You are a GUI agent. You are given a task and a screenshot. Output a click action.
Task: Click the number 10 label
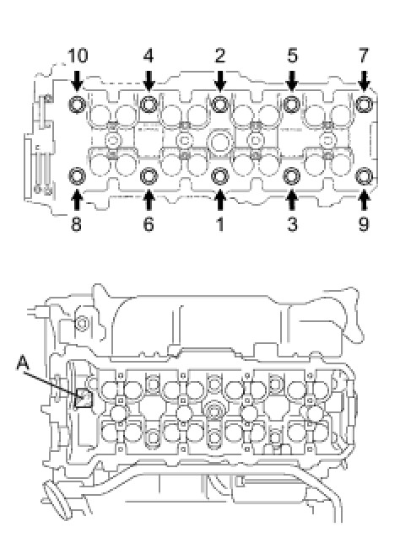78,56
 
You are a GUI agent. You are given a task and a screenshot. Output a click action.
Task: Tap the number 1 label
219,224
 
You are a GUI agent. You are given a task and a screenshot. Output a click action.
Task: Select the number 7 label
363,56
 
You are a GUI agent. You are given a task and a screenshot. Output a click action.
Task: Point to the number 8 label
76,224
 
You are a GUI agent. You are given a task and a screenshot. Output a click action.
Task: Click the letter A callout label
23,363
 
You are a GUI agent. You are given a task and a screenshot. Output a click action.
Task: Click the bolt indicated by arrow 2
219,105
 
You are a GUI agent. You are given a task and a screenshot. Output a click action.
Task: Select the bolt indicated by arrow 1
219,176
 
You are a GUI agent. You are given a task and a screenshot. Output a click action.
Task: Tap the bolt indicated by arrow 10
77,105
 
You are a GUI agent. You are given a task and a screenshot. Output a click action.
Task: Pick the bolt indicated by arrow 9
364,176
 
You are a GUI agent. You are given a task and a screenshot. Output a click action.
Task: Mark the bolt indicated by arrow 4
149,105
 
